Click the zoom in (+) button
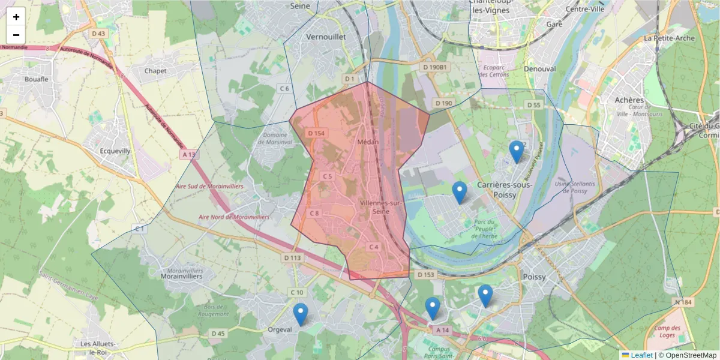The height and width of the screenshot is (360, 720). (x=16, y=17)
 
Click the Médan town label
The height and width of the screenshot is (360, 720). (x=366, y=142)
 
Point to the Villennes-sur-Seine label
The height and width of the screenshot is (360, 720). (x=380, y=207)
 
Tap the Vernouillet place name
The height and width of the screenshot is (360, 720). (x=326, y=37)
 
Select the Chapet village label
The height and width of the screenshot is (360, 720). (x=155, y=71)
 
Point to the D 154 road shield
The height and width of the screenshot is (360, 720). (x=316, y=133)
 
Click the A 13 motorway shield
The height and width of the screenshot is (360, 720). (x=188, y=154)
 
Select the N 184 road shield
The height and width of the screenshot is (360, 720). (x=687, y=302)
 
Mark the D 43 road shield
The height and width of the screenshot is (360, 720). (x=99, y=34)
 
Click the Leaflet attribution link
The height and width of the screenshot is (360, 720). (x=641, y=355)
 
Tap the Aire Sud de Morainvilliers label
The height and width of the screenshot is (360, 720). (x=209, y=187)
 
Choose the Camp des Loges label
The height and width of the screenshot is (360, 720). (x=667, y=331)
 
